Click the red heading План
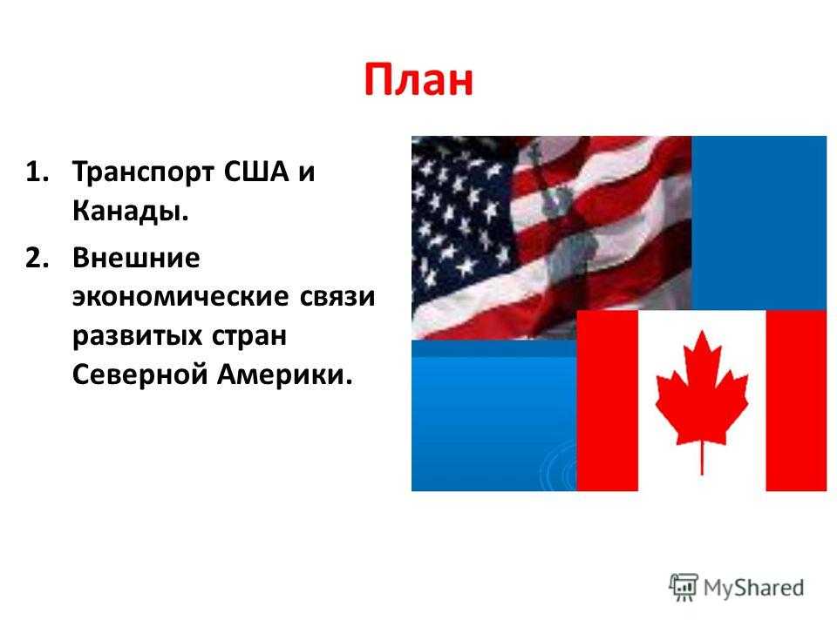point(418,80)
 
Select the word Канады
point(131,211)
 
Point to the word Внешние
point(136,258)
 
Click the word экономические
point(181,296)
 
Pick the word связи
point(337,296)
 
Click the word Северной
point(139,374)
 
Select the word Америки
point(285,374)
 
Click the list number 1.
point(37,172)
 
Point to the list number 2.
point(37,258)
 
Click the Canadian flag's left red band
point(608,401)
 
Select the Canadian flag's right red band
point(796,401)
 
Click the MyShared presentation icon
point(684,587)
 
